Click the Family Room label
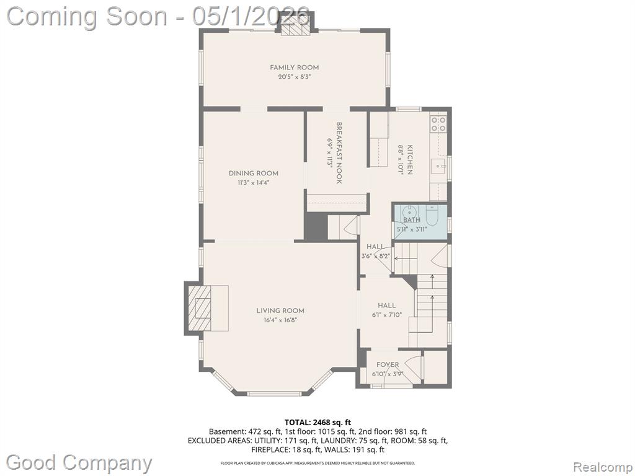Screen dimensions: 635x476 pyautogui.click(x=295, y=68)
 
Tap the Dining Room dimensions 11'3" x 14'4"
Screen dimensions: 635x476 pyautogui.click(x=254, y=183)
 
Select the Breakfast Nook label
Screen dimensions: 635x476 pyautogui.click(x=339, y=153)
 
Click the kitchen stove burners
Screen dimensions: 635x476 pyautogui.click(x=438, y=124)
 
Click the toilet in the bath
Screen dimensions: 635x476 pyautogui.click(x=432, y=216)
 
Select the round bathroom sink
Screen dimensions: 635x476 pyautogui.click(x=409, y=211)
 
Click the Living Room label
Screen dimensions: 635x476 pyautogui.click(x=280, y=311)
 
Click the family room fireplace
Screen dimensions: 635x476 pyautogui.click(x=295, y=29)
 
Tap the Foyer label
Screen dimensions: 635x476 pyautogui.click(x=388, y=364)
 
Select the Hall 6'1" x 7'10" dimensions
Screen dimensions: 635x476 pyautogui.click(x=387, y=314)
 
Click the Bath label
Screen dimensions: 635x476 pyautogui.click(x=412, y=220)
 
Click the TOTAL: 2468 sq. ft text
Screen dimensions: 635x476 pyautogui.click(x=317, y=423)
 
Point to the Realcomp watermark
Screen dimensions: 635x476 pyautogui.click(x=603, y=467)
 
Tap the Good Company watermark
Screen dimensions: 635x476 pyautogui.click(x=79, y=462)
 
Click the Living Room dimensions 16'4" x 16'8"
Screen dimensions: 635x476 pyautogui.click(x=280, y=320)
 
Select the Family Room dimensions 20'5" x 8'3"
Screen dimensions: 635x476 pyautogui.click(x=295, y=77)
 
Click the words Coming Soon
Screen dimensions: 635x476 pyautogui.click(x=87, y=17)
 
